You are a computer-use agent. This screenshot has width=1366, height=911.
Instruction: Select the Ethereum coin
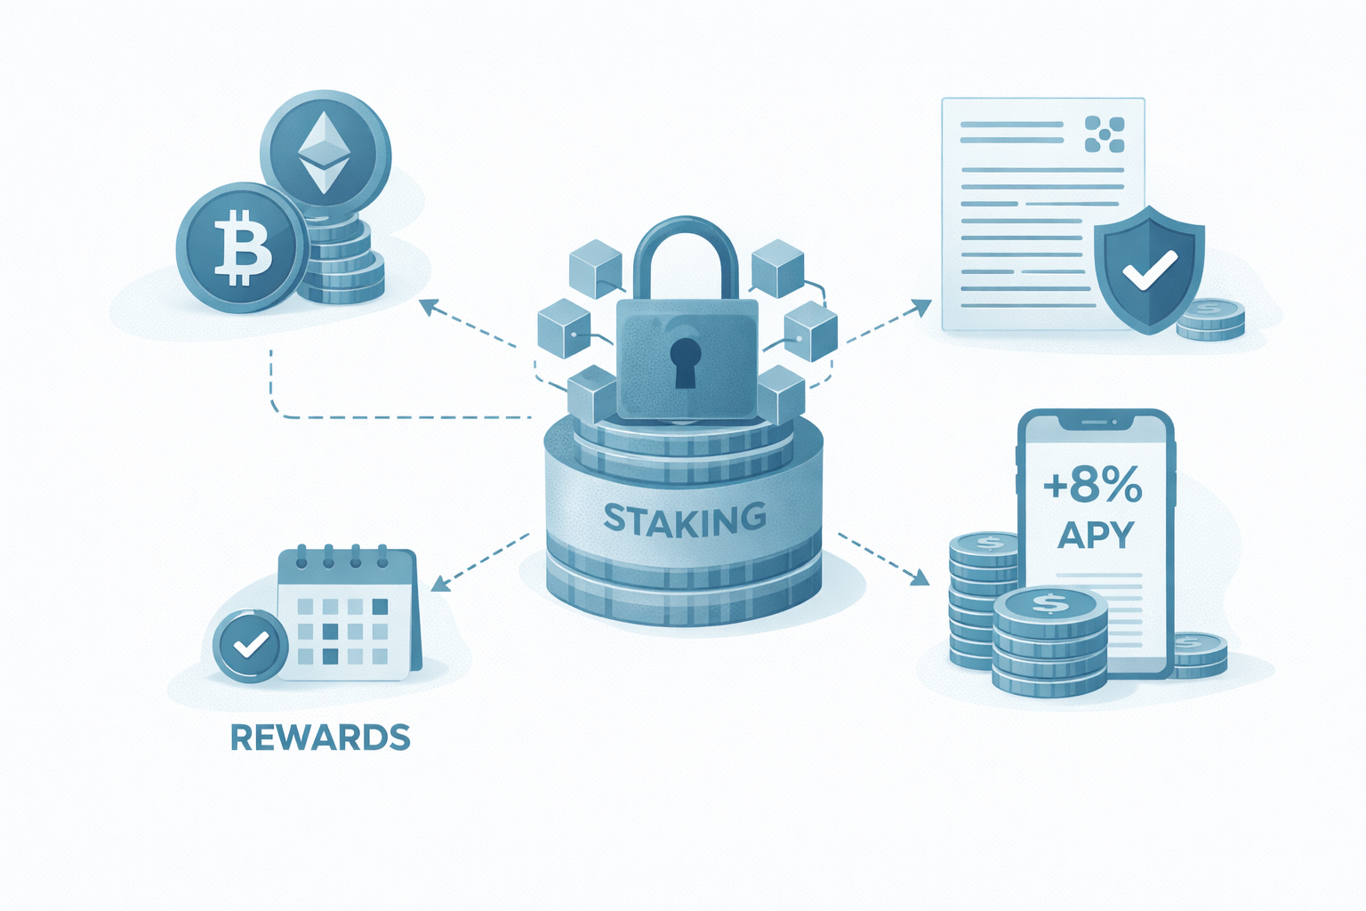pyautogui.click(x=325, y=155)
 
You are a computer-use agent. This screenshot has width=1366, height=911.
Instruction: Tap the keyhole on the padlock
pyautogui.click(x=684, y=360)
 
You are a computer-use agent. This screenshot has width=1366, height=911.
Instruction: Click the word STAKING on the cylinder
pyautogui.click(x=684, y=519)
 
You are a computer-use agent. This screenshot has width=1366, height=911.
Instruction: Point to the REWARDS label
pyautogui.click(x=320, y=738)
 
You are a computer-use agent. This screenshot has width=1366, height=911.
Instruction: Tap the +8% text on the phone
pyautogui.click(x=1093, y=487)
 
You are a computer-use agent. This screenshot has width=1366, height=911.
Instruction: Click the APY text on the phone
pyautogui.click(x=1096, y=536)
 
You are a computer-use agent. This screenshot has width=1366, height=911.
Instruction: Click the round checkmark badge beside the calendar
pyautogui.click(x=250, y=646)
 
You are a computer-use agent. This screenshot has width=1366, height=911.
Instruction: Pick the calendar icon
pyautogui.click(x=347, y=614)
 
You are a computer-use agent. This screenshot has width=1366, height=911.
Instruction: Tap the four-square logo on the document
pyautogui.click(x=1105, y=134)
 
